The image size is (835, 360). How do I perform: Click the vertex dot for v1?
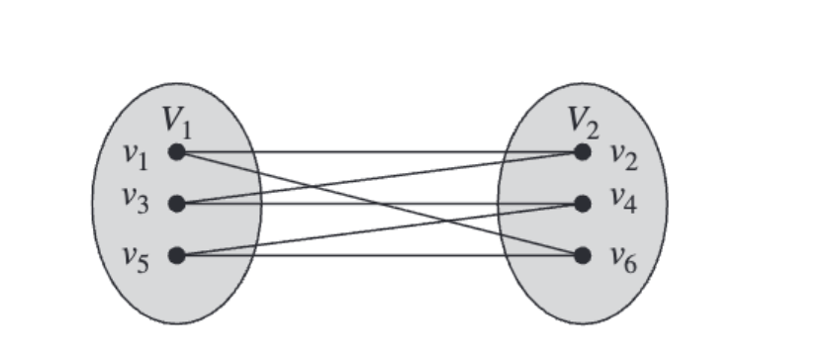176,152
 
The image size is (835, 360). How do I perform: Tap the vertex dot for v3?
176,204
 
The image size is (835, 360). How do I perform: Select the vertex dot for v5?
176,256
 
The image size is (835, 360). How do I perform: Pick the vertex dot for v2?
583,152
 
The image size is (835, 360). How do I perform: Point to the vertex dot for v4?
583,204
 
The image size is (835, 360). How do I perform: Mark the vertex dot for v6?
583,256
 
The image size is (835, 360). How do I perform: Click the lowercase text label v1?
136,154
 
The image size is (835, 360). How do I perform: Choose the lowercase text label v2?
622,154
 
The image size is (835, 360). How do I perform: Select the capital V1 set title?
178,121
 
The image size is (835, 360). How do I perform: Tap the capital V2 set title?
583,121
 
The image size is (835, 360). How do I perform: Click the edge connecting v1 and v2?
445,152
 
